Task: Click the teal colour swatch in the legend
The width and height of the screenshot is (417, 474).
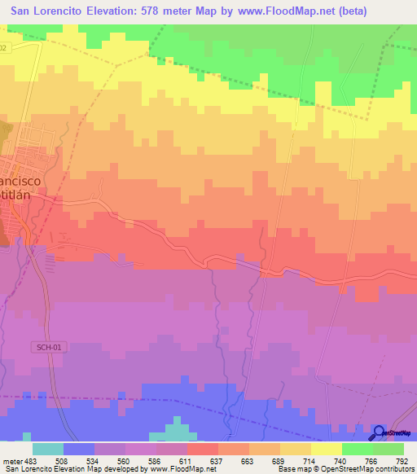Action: coord(48,449)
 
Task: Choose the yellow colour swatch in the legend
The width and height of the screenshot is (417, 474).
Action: coord(327,449)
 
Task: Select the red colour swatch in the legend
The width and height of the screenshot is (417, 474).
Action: coord(203,449)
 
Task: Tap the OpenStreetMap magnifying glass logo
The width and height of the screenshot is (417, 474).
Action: coord(378,432)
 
